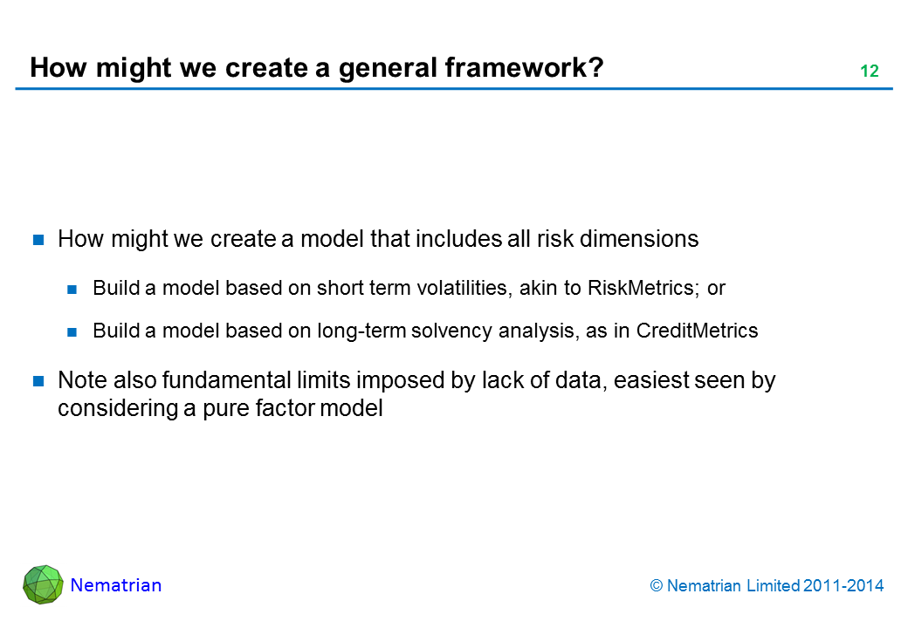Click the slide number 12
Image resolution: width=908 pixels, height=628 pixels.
tap(870, 71)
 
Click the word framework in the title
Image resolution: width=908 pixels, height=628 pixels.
tap(524, 67)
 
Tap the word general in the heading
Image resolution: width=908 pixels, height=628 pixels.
tap(388, 68)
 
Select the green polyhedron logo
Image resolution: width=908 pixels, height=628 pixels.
tap(43, 584)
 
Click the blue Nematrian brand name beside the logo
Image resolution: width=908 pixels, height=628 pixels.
tap(116, 585)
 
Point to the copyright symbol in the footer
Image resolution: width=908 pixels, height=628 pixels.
tap(656, 586)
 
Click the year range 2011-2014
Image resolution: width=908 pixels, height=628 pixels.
tap(843, 586)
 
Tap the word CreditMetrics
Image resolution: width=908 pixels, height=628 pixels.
tap(698, 331)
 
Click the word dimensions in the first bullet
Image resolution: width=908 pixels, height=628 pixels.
tap(639, 239)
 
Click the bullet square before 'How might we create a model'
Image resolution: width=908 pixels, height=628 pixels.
tap(38, 239)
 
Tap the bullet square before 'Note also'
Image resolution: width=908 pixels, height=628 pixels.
tap(38, 380)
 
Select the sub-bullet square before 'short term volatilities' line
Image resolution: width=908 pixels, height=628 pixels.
tap(72, 289)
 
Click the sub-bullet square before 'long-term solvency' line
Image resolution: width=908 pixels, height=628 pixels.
tap(72, 332)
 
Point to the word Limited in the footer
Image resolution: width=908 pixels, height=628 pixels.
tap(773, 586)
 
